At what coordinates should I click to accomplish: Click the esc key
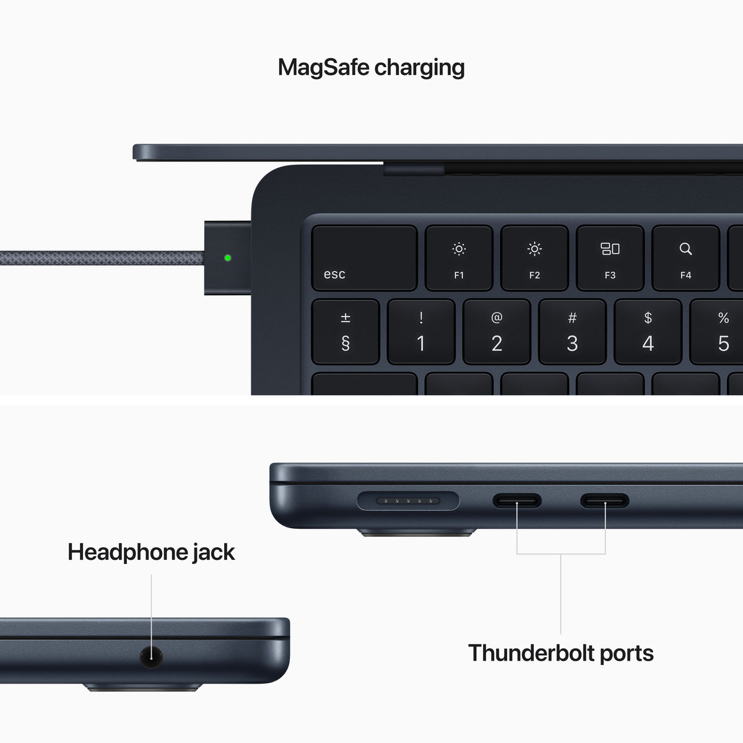pos(364,258)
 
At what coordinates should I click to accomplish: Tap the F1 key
pos(459,258)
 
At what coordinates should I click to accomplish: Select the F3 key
pos(610,258)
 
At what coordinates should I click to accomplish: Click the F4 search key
pos(685,258)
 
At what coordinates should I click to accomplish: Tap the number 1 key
pos(421,332)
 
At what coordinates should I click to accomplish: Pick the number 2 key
pos(497,332)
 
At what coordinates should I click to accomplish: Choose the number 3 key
pos(572,332)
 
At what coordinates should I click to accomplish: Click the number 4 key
pos(648,332)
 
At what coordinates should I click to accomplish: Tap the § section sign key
pos(345,332)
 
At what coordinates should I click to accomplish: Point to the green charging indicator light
pos(227,258)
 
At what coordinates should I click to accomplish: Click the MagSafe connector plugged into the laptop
pos(227,258)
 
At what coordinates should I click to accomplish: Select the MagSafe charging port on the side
pos(409,501)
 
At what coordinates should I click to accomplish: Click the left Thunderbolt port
pos(517,501)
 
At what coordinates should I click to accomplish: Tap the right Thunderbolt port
pos(604,501)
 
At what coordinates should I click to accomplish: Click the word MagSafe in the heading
pos(323,67)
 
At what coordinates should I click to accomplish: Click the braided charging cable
pos(99,258)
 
